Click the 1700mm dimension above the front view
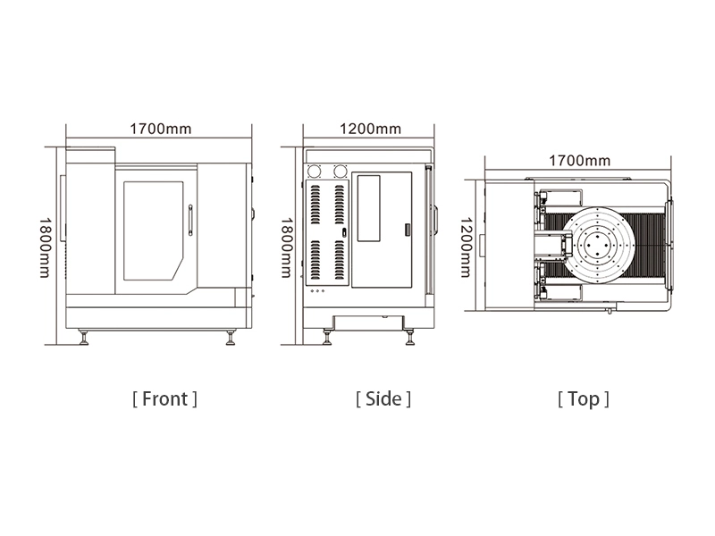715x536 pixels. click(161, 129)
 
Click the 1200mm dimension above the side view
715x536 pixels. click(370, 129)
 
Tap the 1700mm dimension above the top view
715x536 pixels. click(579, 161)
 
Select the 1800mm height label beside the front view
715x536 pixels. click(45, 247)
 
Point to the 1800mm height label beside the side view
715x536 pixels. click(286, 247)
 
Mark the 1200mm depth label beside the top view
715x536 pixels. click(466, 247)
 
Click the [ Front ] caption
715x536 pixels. click(164, 398)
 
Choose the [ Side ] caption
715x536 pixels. click(383, 398)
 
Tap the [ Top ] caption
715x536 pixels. click(584, 399)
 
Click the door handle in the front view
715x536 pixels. click(190, 220)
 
